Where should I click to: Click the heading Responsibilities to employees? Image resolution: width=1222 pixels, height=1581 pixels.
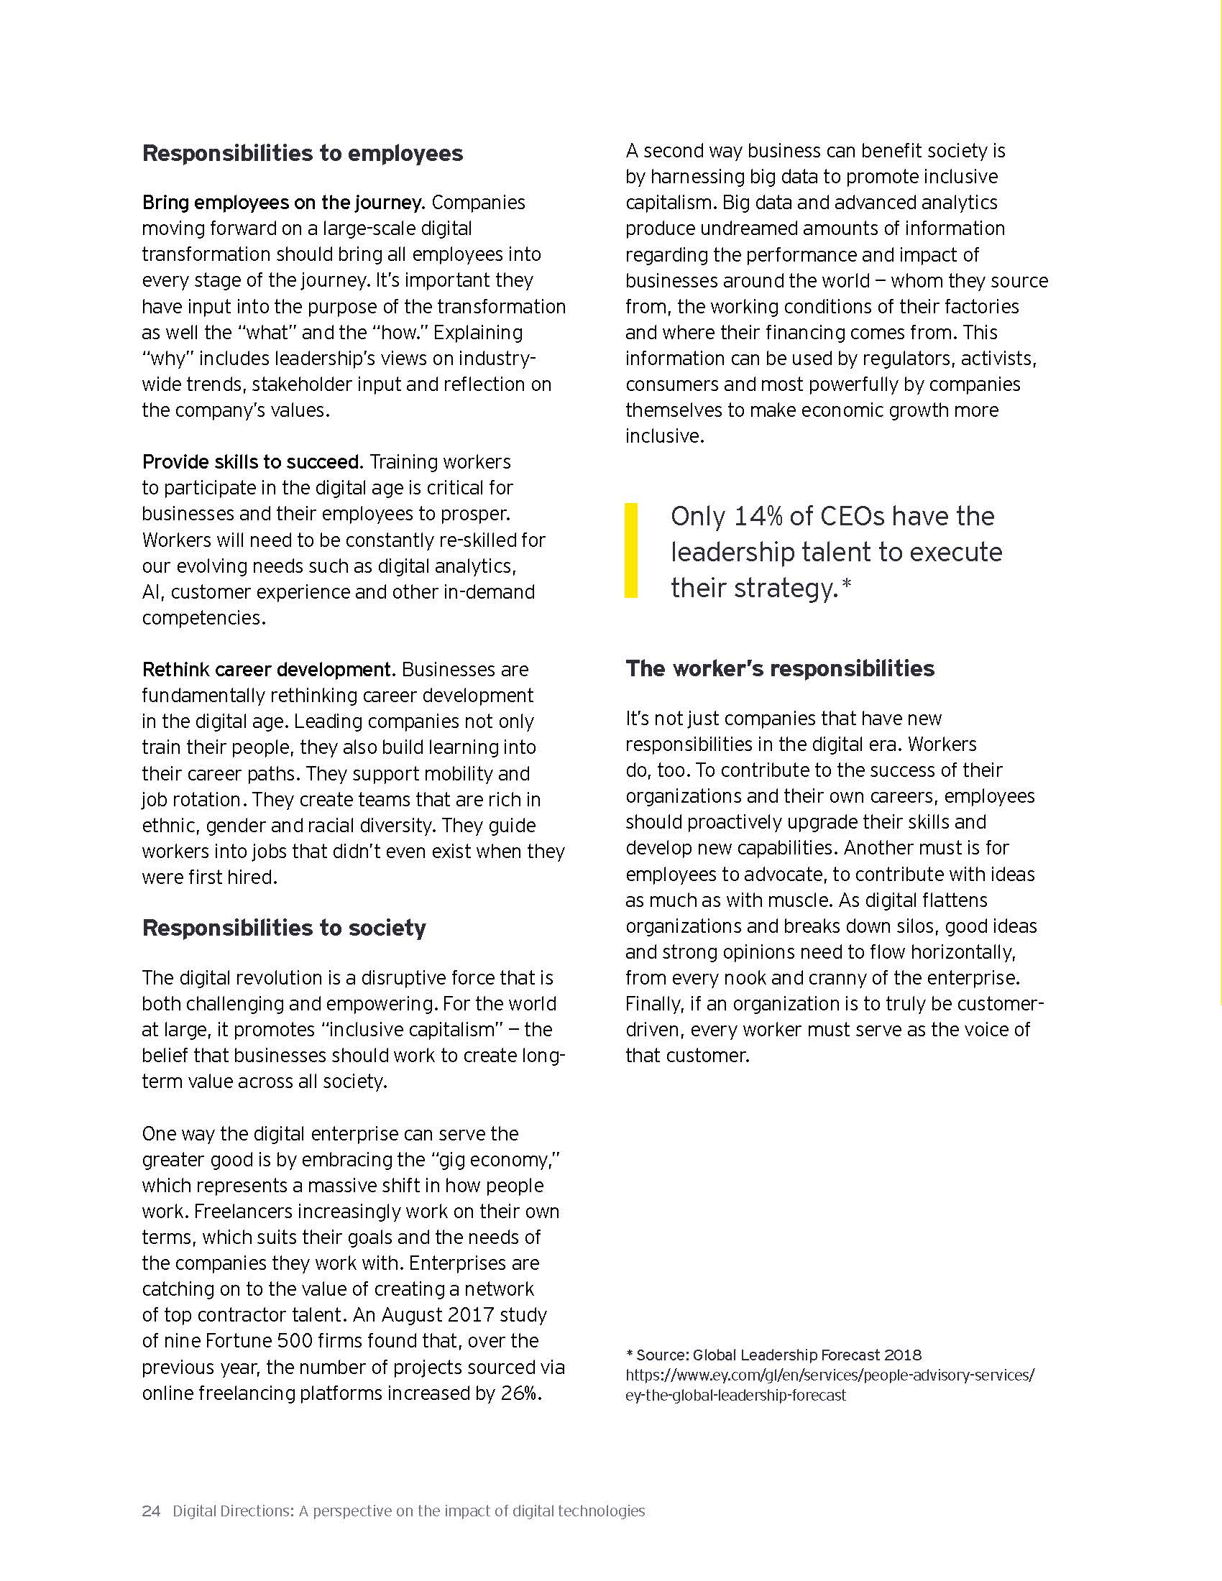302,154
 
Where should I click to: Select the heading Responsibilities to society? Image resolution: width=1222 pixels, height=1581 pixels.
284,928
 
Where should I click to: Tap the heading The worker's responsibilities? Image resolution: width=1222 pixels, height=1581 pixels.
780,668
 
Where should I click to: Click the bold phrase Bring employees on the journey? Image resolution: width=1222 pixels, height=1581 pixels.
283,203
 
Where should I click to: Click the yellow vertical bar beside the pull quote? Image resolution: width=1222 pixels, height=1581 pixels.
631,550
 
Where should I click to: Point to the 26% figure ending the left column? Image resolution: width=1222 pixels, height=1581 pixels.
520,1393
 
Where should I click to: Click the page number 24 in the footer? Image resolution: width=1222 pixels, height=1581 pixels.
150,1511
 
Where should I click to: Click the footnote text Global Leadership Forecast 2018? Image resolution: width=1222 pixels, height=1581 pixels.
807,1355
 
